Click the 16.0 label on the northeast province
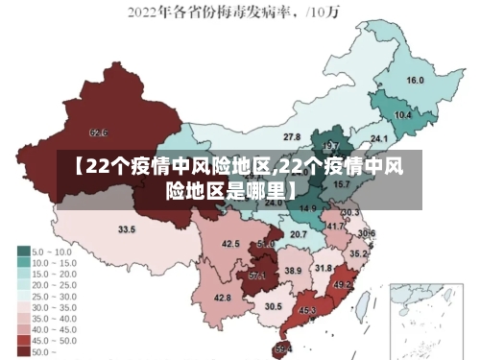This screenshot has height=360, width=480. pos(415,80)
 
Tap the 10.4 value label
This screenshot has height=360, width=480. pos(403,115)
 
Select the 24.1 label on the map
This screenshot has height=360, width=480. pos(378,139)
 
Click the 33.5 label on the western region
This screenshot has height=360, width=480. pos(127,229)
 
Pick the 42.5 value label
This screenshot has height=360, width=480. pos(230,244)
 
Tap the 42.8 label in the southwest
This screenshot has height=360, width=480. pos(222,299)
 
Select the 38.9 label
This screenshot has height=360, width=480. pos(293,272)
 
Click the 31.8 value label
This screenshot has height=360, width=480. pos(324,268)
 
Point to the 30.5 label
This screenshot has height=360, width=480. pos(274,306)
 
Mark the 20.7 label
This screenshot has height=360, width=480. pos(299,234)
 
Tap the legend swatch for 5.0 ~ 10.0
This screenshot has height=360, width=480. pos(23,251)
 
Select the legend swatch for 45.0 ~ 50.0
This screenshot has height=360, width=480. pos(23,340)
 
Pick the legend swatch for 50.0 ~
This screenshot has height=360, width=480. pos(23,351)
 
